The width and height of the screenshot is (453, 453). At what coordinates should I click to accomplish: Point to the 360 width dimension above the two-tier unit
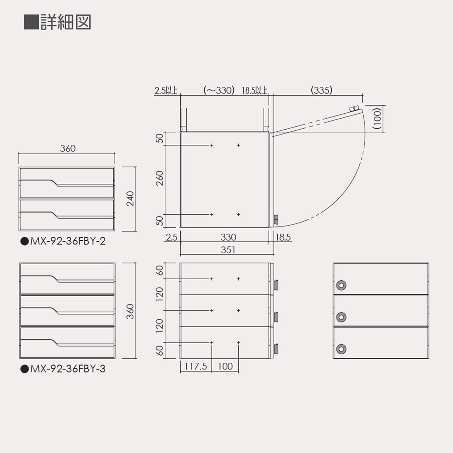(68, 148)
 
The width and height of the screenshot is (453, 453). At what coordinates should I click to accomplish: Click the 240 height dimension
(130, 198)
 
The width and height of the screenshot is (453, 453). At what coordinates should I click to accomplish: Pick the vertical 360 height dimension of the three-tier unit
(130, 311)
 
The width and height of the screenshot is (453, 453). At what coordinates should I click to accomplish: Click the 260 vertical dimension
(159, 179)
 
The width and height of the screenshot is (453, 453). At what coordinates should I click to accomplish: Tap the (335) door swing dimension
(321, 90)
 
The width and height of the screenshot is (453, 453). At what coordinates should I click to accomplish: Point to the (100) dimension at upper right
(377, 119)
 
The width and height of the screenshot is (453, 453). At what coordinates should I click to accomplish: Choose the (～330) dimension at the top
(219, 90)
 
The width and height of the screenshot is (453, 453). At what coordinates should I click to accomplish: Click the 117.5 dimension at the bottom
(196, 367)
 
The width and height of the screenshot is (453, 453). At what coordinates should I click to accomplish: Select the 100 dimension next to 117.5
(225, 367)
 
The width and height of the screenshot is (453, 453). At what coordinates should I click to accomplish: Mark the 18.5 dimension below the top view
(283, 237)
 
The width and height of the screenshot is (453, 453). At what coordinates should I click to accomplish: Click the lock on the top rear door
(341, 285)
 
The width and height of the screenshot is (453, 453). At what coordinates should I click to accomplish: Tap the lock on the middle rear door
(341, 317)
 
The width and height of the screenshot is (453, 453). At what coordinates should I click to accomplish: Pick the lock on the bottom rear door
(341, 348)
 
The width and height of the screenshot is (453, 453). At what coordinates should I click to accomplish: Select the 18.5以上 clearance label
(254, 90)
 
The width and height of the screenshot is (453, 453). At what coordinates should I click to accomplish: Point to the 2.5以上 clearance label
(166, 90)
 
